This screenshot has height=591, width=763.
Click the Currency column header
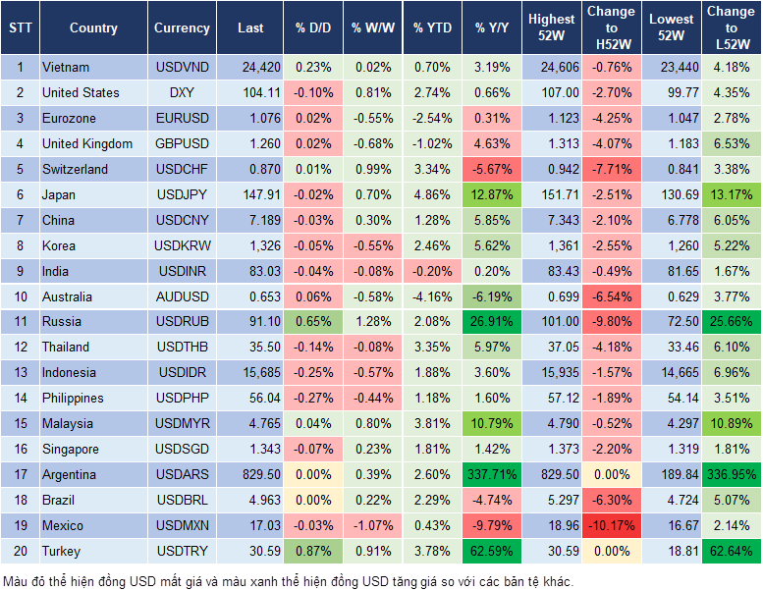(182, 28)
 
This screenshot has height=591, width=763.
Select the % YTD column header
(431, 28)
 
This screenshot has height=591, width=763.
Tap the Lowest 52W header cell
(673, 27)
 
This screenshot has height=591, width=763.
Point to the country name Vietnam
(66, 67)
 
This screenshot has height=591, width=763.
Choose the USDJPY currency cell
(182, 194)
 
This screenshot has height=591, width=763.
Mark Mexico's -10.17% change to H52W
(612, 525)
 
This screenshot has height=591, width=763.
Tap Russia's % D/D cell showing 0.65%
(313, 321)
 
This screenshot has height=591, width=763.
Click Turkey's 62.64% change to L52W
(730, 551)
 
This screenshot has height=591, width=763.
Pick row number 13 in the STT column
(19, 372)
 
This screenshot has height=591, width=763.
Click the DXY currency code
(182, 92)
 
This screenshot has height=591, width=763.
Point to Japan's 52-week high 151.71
(552, 194)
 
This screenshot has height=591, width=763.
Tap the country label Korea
(59, 245)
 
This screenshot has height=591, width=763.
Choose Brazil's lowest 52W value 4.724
(673, 500)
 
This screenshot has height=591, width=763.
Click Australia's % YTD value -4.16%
(431, 296)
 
